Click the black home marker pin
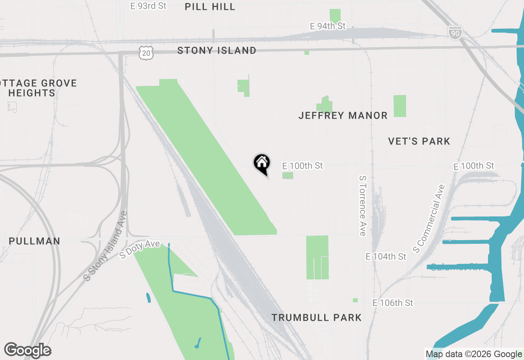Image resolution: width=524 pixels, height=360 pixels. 262,163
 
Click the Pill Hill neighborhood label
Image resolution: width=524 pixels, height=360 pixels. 210,7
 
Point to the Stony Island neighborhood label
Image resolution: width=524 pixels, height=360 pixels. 217,50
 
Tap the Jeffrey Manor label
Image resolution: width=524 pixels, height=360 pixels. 343,115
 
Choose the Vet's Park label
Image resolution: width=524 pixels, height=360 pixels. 419,141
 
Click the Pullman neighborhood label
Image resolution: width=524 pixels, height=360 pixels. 34,241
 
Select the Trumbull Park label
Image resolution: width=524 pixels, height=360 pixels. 316,317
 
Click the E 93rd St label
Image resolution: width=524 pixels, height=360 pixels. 148,6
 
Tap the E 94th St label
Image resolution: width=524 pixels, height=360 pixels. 327,26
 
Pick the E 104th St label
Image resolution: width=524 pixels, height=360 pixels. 386,256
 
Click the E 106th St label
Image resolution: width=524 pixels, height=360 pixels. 393,303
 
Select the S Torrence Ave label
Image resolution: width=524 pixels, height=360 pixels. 362,206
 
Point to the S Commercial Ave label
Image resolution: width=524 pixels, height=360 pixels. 429,218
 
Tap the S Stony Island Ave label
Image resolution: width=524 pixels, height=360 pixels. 105,245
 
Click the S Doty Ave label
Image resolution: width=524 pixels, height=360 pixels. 140,249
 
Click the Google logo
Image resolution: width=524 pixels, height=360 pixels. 27,351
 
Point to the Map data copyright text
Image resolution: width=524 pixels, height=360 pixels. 474,354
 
